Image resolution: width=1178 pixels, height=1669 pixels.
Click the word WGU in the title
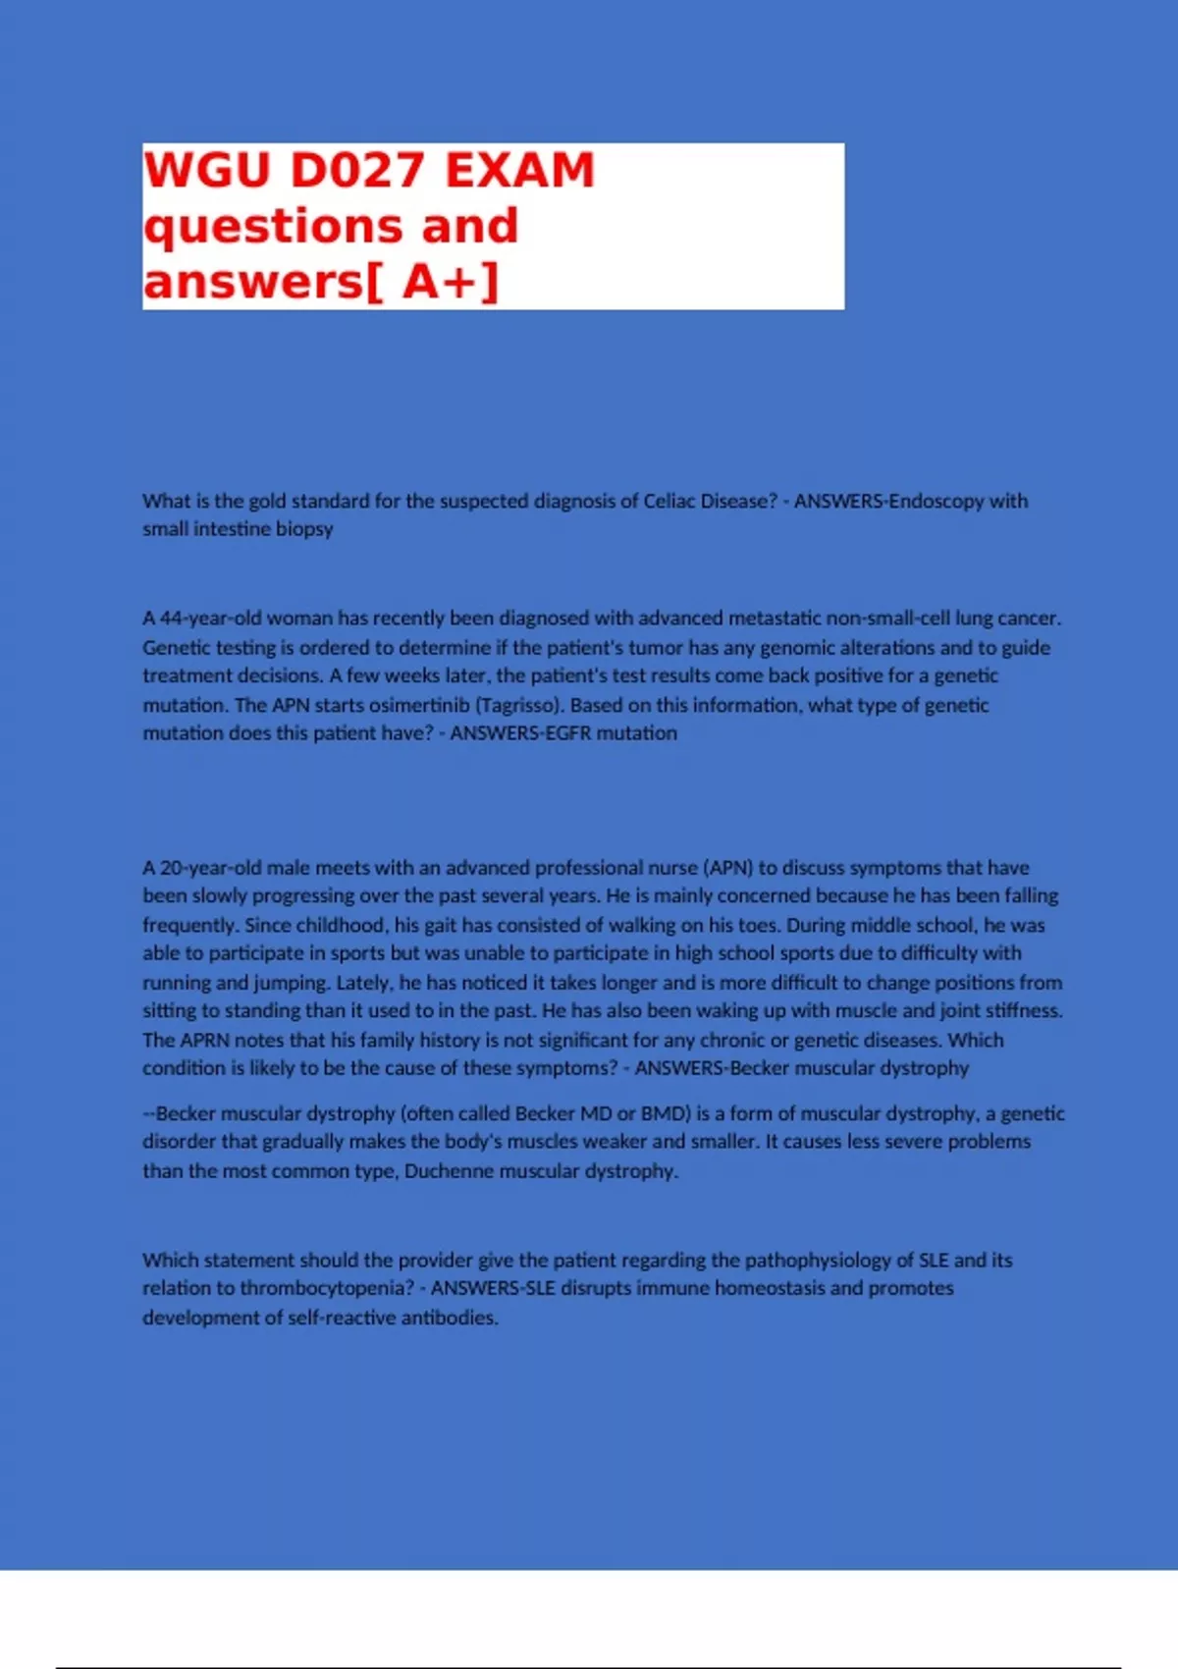tap(206, 170)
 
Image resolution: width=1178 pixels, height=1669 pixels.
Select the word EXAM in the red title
tap(519, 170)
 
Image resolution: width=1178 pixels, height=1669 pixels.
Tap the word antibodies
tap(450, 1318)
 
